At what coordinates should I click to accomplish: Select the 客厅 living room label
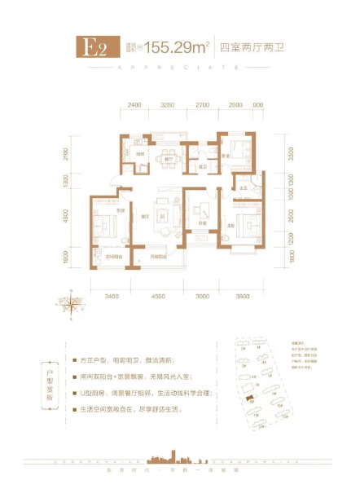click(143, 216)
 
